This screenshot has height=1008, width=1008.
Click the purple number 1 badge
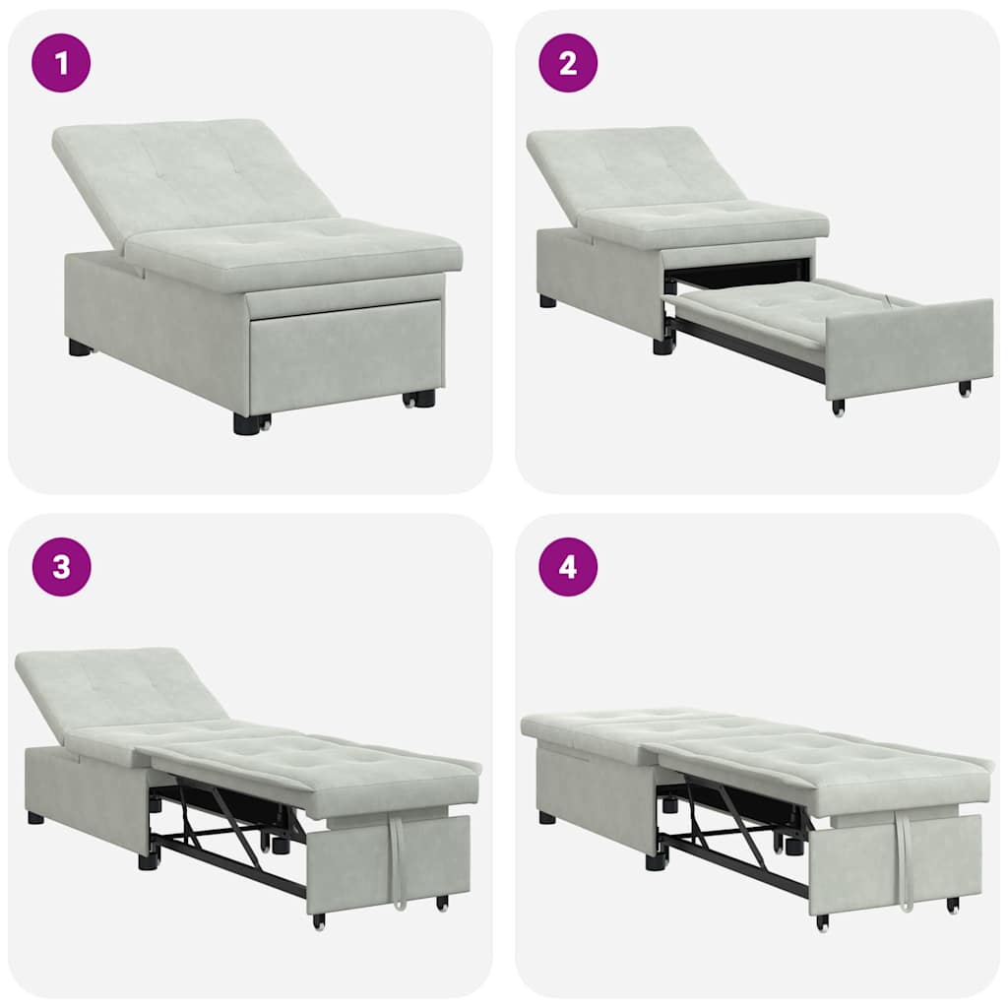coord(61,63)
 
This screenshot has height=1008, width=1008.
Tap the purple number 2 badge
coord(567,63)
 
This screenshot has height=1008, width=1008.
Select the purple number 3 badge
coord(61,567)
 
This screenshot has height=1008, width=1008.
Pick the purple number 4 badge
coord(567,567)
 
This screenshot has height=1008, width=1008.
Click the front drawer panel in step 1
coord(345,354)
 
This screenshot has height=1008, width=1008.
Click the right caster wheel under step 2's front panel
coord(966,389)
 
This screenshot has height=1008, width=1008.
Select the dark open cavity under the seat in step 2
coord(738,273)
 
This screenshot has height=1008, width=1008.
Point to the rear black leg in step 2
coord(547,301)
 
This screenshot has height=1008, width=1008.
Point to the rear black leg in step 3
coord(36,817)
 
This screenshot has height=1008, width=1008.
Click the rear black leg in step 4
coord(546,817)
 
